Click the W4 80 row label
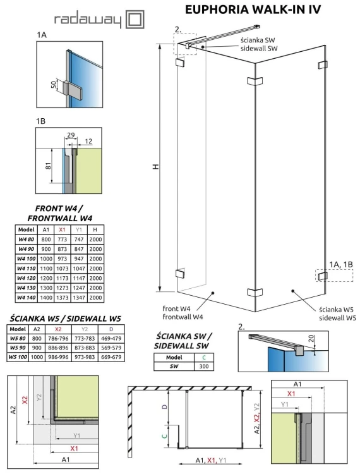[x=26, y=240]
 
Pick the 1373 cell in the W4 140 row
[x=62, y=296]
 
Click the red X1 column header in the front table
[x=62, y=230]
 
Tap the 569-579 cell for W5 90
[x=109, y=348]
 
